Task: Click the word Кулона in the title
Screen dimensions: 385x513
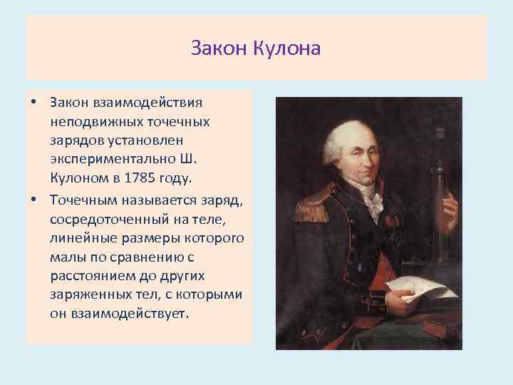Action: (293, 48)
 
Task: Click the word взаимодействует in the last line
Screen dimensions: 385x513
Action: (129, 312)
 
